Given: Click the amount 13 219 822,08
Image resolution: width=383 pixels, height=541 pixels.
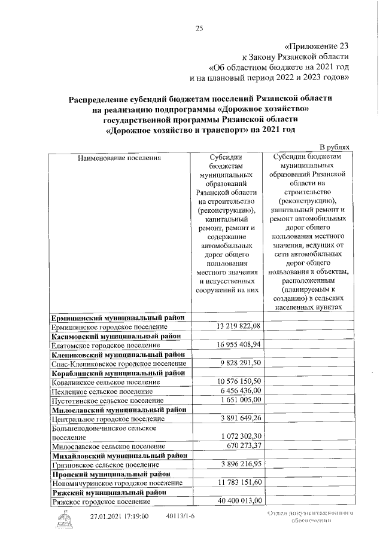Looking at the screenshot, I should (238, 326).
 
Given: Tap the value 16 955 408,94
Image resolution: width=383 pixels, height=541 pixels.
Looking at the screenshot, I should (238, 345).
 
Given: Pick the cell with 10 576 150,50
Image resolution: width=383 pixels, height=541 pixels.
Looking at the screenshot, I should (239, 381).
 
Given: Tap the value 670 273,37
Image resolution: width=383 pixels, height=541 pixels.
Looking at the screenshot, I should (242, 446).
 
